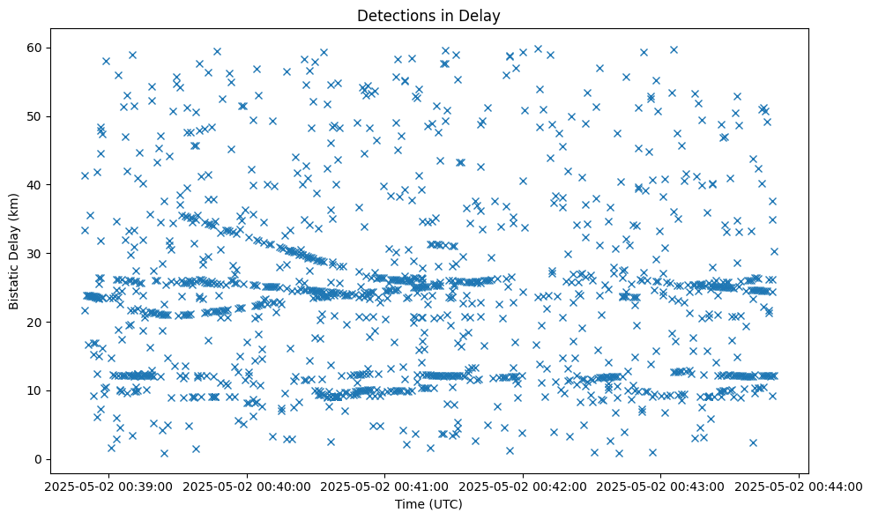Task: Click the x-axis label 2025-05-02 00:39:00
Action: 108,486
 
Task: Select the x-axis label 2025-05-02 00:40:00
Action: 247,486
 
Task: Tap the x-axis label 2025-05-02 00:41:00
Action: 385,486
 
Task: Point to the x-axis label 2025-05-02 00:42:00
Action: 524,486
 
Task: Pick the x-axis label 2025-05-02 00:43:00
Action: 661,486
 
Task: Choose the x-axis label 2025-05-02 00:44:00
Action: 800,486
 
